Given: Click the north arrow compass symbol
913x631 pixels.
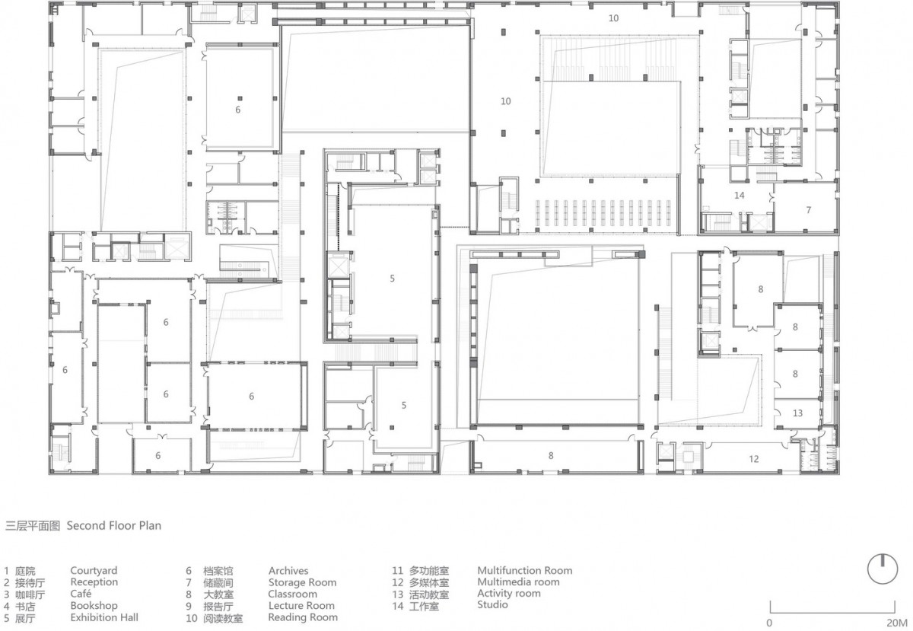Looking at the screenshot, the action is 883,569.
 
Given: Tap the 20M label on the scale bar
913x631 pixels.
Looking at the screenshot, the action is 897,623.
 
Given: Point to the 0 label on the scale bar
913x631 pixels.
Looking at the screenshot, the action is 769,623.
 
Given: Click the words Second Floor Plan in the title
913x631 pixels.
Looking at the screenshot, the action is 114,525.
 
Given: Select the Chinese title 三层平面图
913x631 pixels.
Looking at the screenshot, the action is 32,526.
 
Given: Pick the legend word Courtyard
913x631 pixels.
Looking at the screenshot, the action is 94,571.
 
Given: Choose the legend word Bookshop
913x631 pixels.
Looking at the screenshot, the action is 94,606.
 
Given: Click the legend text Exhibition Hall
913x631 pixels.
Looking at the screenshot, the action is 104,617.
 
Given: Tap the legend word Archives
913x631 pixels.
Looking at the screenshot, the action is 288,571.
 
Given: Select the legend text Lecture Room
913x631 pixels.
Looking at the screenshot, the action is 301,606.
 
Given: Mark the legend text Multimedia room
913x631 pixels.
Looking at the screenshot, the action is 518,582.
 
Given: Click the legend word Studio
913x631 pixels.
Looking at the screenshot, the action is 492,604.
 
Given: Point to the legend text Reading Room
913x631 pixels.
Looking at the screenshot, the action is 303,617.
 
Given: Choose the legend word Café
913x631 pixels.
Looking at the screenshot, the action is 81,594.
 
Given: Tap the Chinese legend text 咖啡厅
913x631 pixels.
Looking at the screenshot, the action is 30,594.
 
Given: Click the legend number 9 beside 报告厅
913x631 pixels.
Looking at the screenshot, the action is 189,606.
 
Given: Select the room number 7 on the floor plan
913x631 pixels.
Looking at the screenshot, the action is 809,210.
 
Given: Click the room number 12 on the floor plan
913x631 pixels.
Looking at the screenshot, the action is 754,459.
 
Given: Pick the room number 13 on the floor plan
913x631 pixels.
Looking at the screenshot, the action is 797,413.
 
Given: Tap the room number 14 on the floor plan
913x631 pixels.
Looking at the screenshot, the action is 740,196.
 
